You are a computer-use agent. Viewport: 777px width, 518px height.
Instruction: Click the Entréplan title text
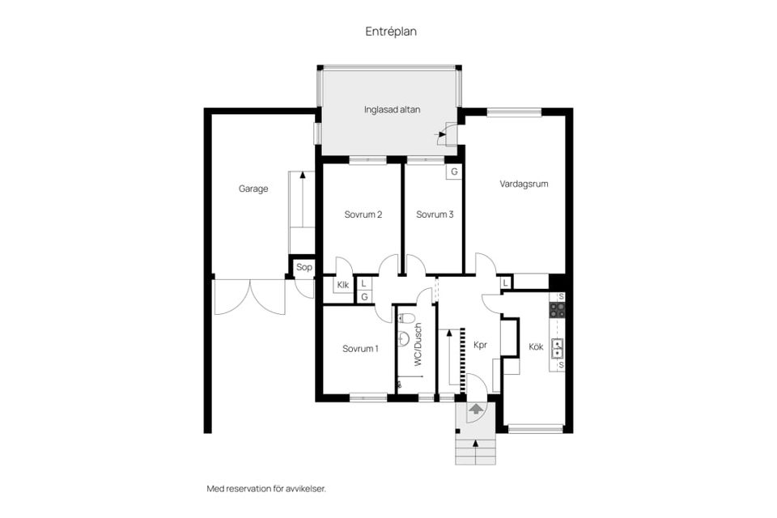(391, 32)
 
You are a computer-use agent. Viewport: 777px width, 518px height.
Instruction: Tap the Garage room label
(253, 189)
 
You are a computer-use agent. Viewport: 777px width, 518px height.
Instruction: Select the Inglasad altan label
(392, 109)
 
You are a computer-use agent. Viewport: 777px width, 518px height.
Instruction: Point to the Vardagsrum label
(524, 184)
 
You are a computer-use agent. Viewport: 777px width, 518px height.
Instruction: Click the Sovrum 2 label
(363, 214)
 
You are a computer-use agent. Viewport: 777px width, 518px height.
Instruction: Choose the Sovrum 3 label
(435, 214)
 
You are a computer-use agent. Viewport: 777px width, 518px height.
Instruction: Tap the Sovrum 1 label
(360, 349)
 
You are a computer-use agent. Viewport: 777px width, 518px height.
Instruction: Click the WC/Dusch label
(418, 345)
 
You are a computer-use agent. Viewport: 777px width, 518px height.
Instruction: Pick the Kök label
(536, 347)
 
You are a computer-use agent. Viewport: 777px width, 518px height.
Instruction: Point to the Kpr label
(480, 346)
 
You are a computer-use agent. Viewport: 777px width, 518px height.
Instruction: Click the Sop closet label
(304, 267)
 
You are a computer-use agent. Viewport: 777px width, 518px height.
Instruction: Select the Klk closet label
(343, 285)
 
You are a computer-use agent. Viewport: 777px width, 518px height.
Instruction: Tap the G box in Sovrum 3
(454, 172)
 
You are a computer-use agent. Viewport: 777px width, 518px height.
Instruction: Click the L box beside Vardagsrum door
(505, 283)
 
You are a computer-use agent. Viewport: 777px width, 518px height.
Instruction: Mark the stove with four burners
(557, 310)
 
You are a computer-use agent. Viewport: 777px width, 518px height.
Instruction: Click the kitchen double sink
(558, 347)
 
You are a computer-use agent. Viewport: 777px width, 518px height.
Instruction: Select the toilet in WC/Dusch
(405, 318)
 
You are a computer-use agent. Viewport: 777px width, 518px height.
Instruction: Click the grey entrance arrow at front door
(476, 409)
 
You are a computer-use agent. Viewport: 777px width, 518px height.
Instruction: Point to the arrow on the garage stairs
(302, 198)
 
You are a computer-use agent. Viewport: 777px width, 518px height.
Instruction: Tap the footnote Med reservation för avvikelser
(266, 489)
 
